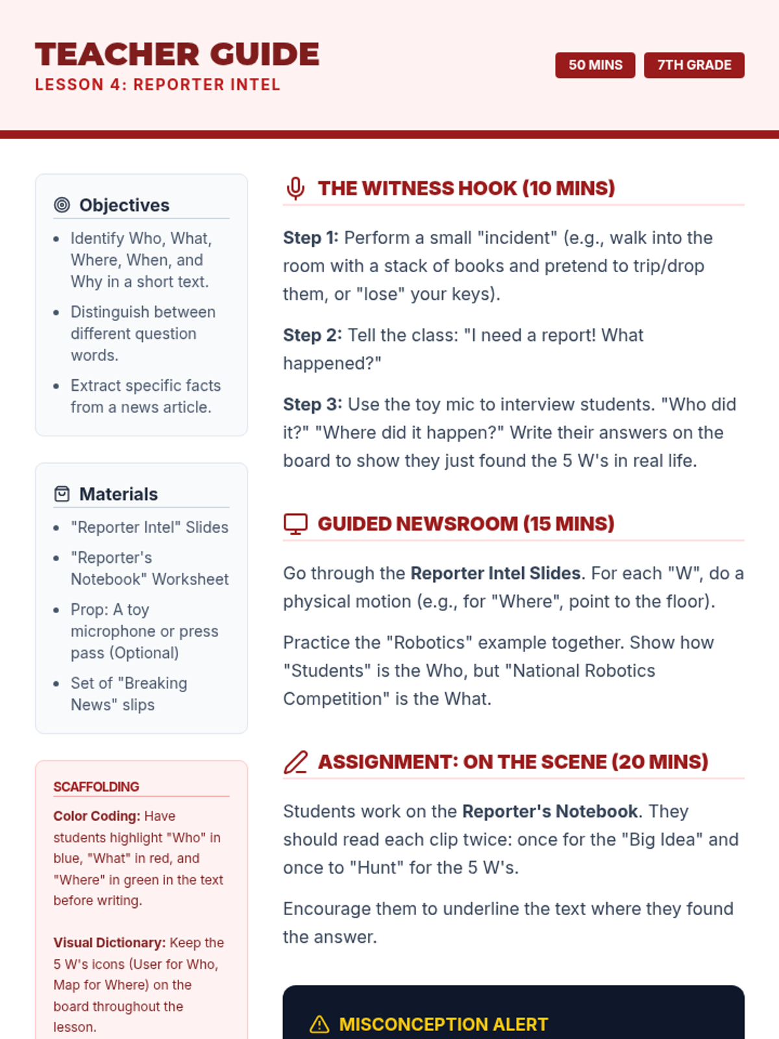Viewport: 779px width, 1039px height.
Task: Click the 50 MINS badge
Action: click(x=595, y=65)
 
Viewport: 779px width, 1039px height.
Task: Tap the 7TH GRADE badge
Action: click(x=693, y=65)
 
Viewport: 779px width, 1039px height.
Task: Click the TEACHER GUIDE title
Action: click(x=177, y=55)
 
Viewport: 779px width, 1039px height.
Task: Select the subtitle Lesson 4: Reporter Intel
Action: click(x=158, y=85)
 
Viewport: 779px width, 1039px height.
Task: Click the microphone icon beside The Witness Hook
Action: click(x=295, y=188)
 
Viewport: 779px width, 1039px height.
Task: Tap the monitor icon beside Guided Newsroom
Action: click(x=295, y=524)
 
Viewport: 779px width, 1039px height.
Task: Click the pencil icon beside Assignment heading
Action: click(x=295, y=762)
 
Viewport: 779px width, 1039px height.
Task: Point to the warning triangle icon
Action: click(x=319, y=1024)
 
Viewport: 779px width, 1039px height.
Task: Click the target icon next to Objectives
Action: click(x=62, y=205)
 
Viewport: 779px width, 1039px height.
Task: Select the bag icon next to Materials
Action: click(x=62, y=494)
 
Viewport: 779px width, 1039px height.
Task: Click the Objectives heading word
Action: click(x=124, y=205)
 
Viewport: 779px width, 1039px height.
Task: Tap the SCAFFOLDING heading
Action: click(x=96, y=787)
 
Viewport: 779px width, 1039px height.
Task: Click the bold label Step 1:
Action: click(x=310, y=238)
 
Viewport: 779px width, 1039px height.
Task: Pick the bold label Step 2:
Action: click(x=312, y=335)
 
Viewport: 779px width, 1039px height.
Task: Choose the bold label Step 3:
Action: click(x=312, y=405)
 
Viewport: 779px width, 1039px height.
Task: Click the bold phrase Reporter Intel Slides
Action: click(x=495, y=573)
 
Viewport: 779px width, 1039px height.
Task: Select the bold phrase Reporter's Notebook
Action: click(x=550, y=811)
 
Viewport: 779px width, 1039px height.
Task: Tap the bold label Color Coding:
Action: click(x=97, y=816)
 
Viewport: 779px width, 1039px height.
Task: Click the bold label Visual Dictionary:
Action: click(x=109, y=943)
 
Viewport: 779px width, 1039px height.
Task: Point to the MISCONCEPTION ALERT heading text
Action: click(x=443, y=1024)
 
